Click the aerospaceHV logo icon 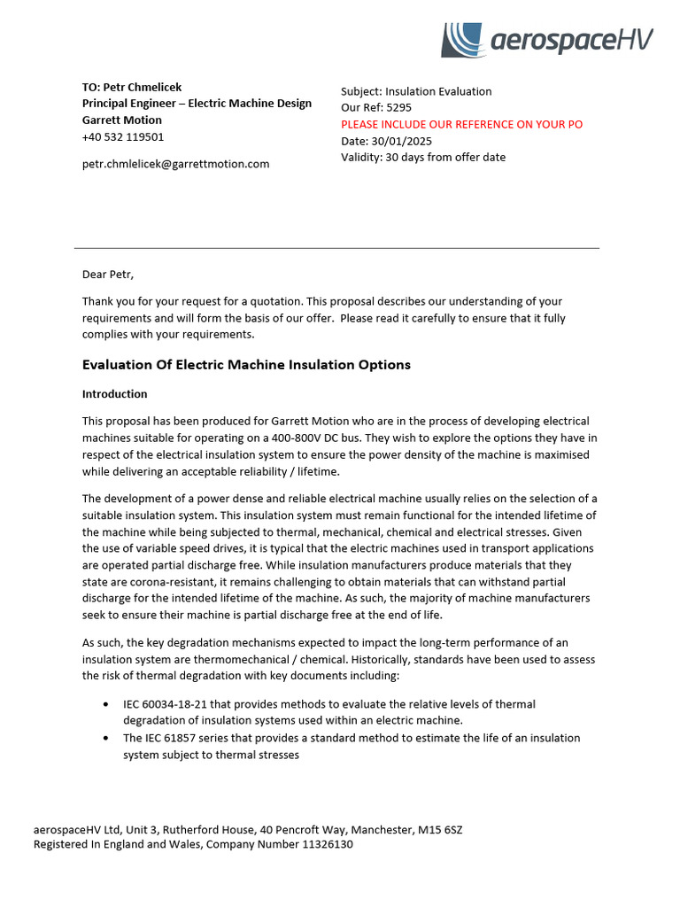[x=463, y=41]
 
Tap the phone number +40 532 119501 [x=123, y=137]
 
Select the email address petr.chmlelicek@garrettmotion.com [x=175, y=164]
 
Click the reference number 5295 [x=399, y=108]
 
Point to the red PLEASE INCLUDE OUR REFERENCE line [x=461, y=125]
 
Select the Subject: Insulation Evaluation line [x=416, y=91]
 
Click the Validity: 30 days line [x=423, y=158]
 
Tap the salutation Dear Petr [x=107, y=275]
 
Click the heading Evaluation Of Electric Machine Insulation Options [x=246, y=365]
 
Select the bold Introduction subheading [x=114, y=394]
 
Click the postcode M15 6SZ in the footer [x=439, y=831]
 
